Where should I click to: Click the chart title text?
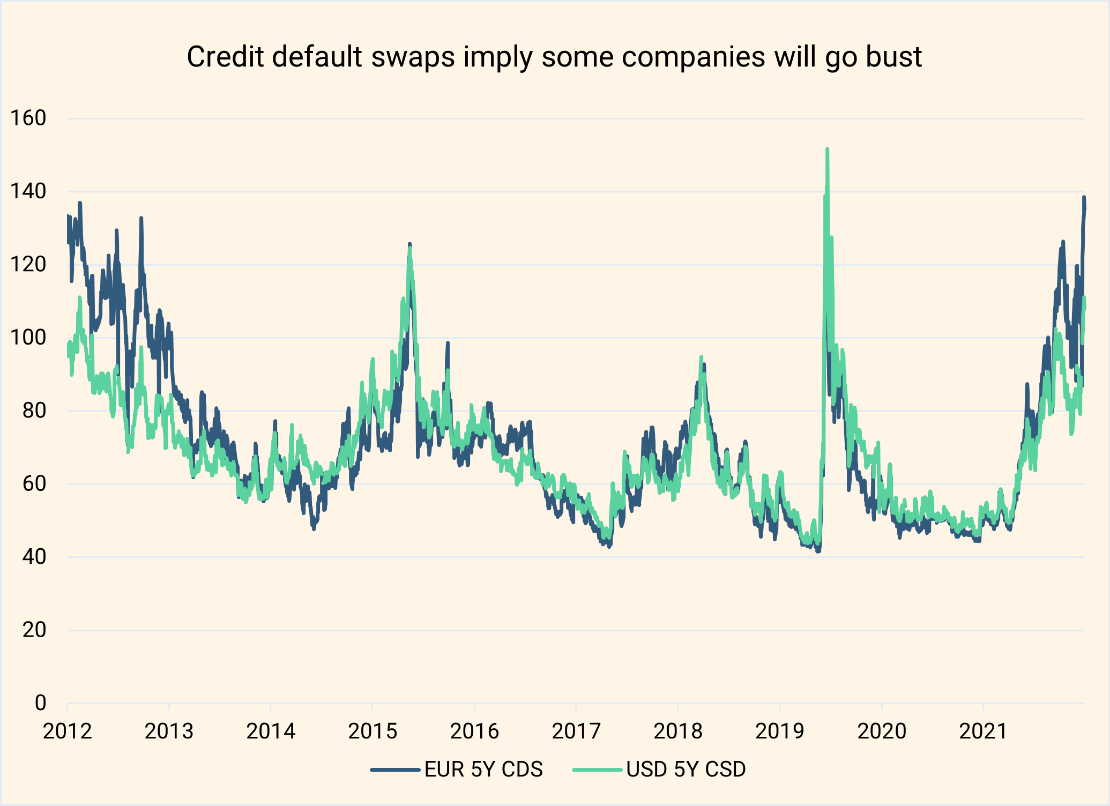(554, 57)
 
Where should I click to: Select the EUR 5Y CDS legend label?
(483, 770)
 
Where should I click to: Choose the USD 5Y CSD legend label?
(686, 770)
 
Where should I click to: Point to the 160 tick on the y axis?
(28, 118)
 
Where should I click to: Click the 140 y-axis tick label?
(28, 191)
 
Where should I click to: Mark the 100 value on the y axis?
(28, 338)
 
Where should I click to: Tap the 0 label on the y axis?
(40, 703)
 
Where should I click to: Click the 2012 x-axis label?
(68, 732)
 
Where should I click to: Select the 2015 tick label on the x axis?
(373, 732)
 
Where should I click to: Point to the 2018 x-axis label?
(678, 732)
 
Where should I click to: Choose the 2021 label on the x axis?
(984, 732)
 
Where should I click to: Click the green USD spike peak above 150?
(828, 150)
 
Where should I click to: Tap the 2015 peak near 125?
(409, 244)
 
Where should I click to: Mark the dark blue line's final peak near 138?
(1084, 198)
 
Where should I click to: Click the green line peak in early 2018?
(701, 357)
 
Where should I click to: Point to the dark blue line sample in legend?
(395, 770)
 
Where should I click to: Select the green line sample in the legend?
(597, 770)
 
